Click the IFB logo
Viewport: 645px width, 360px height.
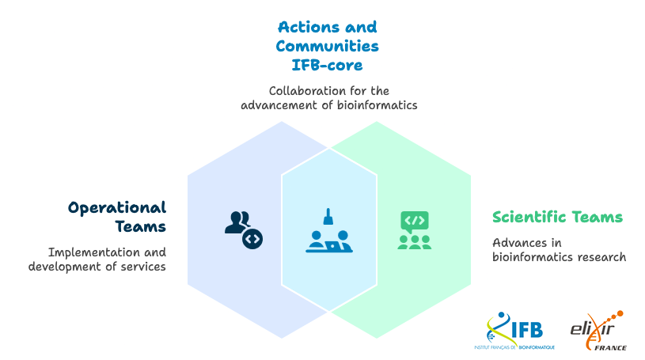click(x=521, y=332)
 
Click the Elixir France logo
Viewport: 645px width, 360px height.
click(x=598, y=331)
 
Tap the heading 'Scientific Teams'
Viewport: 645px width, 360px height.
click(x=557, y=217)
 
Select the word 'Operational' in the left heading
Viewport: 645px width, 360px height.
click(x=117, y=207)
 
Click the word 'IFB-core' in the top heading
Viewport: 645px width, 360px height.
click(x=327, y=64)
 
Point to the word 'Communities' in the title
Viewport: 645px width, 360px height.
click(x=327, y=46)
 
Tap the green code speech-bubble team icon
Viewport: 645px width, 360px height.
click(x=414, y=230)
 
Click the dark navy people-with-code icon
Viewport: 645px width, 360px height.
click(x=242, y=229)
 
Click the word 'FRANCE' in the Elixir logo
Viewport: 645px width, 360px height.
click(x=610, y=347)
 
